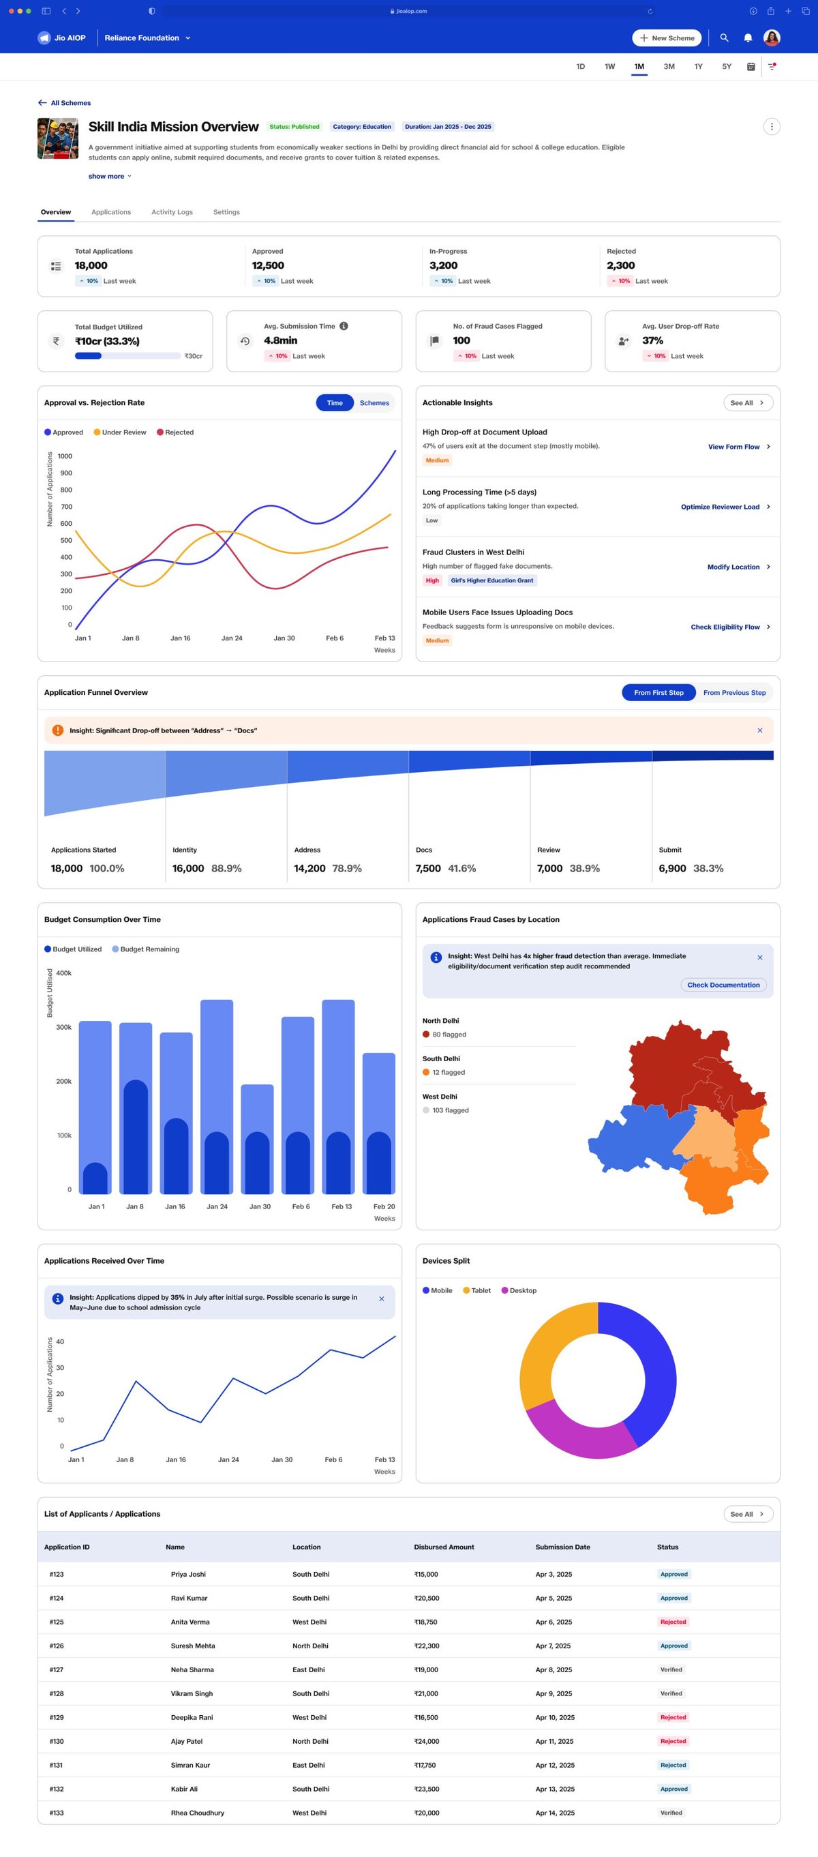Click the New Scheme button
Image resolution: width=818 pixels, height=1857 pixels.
click(x=667, y=38)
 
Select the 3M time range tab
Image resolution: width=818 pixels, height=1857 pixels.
click(x=669, y=66)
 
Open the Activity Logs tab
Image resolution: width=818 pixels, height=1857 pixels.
click(x=172, y=212)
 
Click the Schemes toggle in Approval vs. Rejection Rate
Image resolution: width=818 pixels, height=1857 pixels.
click(x=374, y=403)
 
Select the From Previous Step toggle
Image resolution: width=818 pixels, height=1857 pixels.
click(x=733, y=693)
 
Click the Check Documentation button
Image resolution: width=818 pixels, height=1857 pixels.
click(x=723, y=985)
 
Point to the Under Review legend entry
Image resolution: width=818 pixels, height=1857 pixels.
click(x=120, y=432)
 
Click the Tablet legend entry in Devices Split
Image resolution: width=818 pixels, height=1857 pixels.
click(x=476, y=1290)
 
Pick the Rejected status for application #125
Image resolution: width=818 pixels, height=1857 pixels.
click(x=672, y=1622)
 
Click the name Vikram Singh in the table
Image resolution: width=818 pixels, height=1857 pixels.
click(x=192, y=1693)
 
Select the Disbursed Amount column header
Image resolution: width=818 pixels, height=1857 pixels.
click(x=444, y=1547)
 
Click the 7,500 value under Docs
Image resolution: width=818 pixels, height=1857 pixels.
click(x=428, y=869)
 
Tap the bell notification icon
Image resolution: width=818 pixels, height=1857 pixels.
click(x=748, y=38)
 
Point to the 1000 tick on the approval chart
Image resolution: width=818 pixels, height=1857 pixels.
click(x=65, y=456)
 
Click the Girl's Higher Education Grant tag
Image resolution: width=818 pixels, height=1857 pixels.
click(x=492, y=580)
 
